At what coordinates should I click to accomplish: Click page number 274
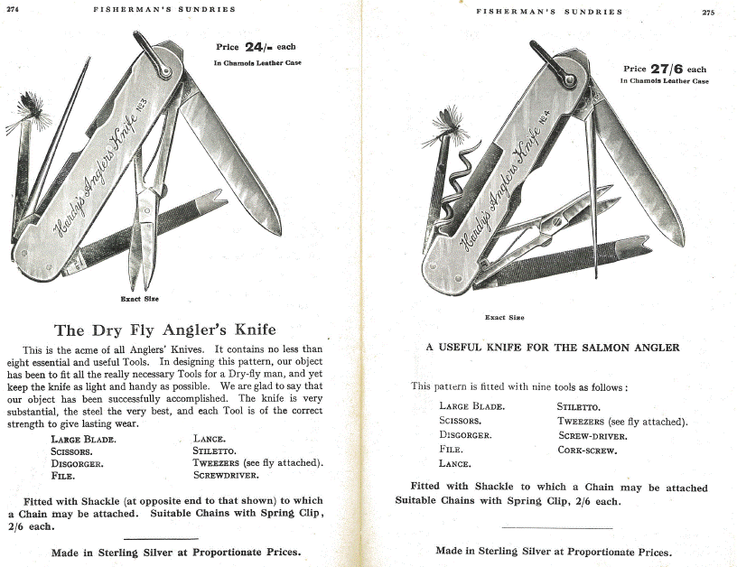pyautogui.click(x=13, y=9)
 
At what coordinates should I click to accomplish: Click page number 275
pyautogui.click(x=707, y=12)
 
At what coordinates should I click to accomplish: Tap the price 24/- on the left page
pyautogui.click(x=247, y=47)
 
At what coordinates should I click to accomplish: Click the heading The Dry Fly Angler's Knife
pyautogui.click(x=165, y=330)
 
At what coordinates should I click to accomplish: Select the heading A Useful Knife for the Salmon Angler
pyautogui.click(x=553, y=347)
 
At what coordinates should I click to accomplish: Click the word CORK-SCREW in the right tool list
pyautogui.click(x=587, y=450)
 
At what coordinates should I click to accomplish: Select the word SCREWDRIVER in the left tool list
pyautogui.click(x=226, y=474)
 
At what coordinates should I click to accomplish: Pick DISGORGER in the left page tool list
pyautogui.click(x=78, y=462)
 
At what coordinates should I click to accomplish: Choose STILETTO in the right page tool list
pyautogui.click(x=579, y=406)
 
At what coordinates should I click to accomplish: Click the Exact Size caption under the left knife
pyautogui.click(x=140, y=298)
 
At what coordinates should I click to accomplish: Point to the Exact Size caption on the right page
pyautogui.click(x=505, y=317)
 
